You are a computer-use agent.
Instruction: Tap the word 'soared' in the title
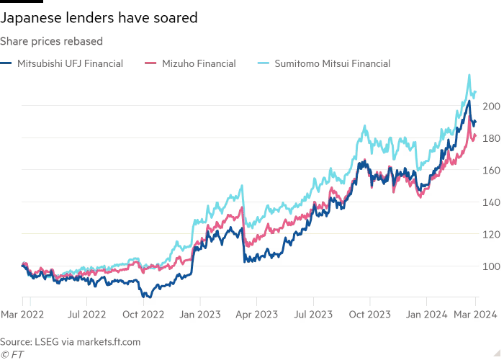pos(174,19)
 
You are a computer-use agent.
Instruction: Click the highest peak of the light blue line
pos(469,75)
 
